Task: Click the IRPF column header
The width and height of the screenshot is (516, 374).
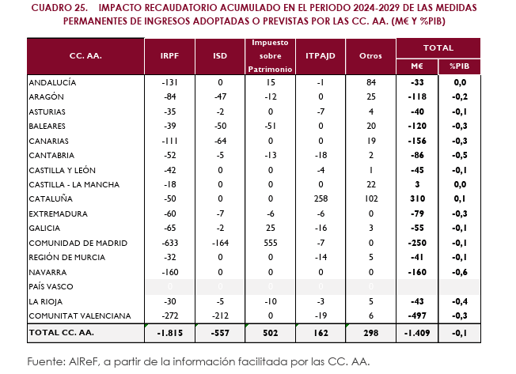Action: tap(169, 56)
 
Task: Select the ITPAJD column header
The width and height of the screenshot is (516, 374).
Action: tap(321, 56)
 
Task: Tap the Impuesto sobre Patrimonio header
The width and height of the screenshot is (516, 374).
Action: tap(270, 56)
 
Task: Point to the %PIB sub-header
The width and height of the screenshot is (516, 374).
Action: tap(459, 66)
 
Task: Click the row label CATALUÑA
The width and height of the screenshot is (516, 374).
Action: tap(51, 198)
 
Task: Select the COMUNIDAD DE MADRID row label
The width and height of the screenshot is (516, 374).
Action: tap(78, 244)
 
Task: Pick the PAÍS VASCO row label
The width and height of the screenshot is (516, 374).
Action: tap(51, 286)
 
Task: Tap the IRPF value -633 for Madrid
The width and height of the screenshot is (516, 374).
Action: tap(170, 244)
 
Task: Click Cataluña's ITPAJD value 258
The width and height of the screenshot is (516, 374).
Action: tap(321, 198)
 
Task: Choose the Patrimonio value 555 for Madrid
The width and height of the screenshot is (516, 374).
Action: tap(271, 244)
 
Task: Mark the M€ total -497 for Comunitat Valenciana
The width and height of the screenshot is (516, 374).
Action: tap(417, 315)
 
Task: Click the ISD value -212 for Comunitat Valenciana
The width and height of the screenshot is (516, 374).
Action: tap(220, 315)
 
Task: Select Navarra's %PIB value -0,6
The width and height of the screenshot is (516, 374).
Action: tap(459, 272)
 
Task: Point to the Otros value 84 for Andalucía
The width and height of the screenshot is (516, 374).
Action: tap(371, 82)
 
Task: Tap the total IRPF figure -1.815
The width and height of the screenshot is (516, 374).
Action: tap(169, 333)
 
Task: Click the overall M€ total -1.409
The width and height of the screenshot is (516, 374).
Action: tap(417, 333)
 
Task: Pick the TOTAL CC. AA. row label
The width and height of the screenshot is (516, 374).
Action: tap(62, 333)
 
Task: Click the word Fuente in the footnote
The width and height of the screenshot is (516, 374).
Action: tap(46, 362)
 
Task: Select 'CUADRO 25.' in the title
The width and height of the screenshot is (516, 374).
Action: tap(59, 8)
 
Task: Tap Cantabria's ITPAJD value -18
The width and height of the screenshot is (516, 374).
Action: tap(321, 156)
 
